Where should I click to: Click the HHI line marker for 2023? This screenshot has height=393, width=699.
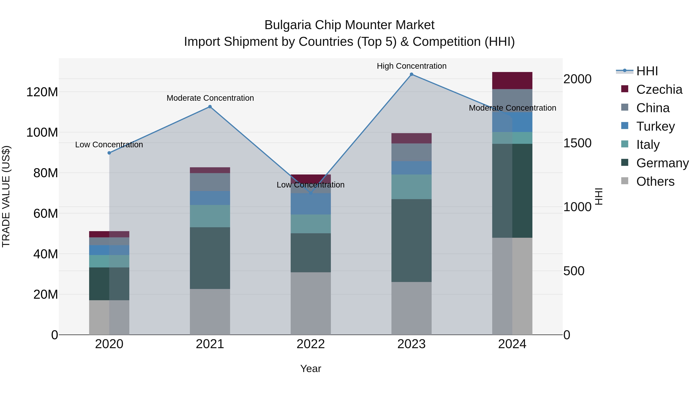(411, 74)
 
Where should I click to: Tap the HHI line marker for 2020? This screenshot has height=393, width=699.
(109, 153)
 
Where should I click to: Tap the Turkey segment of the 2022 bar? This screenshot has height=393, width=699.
(311, 204)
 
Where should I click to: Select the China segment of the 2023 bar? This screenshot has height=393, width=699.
(411, 152)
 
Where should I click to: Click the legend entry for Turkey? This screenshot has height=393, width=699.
(655, 126)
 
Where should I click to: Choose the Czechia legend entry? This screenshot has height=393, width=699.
(659, 89)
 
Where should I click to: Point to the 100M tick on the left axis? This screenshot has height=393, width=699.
(42, 132)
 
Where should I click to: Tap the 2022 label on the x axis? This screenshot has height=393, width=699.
(311, 344)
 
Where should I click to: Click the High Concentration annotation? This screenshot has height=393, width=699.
(411, 66)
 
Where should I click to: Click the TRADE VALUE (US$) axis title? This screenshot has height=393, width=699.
(6, 196)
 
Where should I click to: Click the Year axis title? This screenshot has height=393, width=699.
(311, 369)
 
